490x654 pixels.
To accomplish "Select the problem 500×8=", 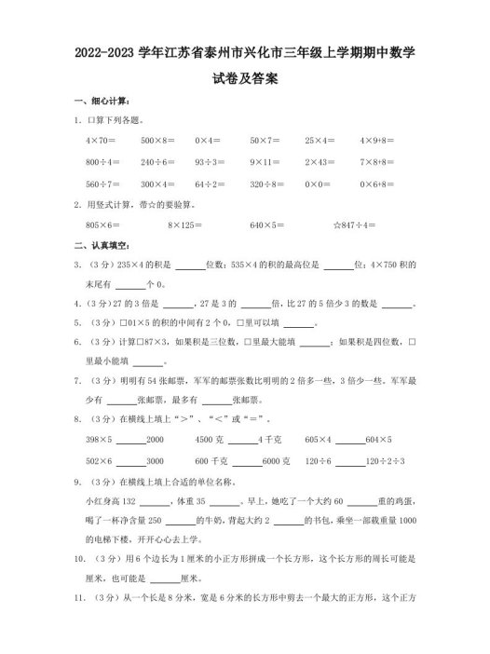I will [x=155, y=140].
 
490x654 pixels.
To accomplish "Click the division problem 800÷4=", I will [x=100, y=161].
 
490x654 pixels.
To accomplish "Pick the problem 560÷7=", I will [x=100, y=183].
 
